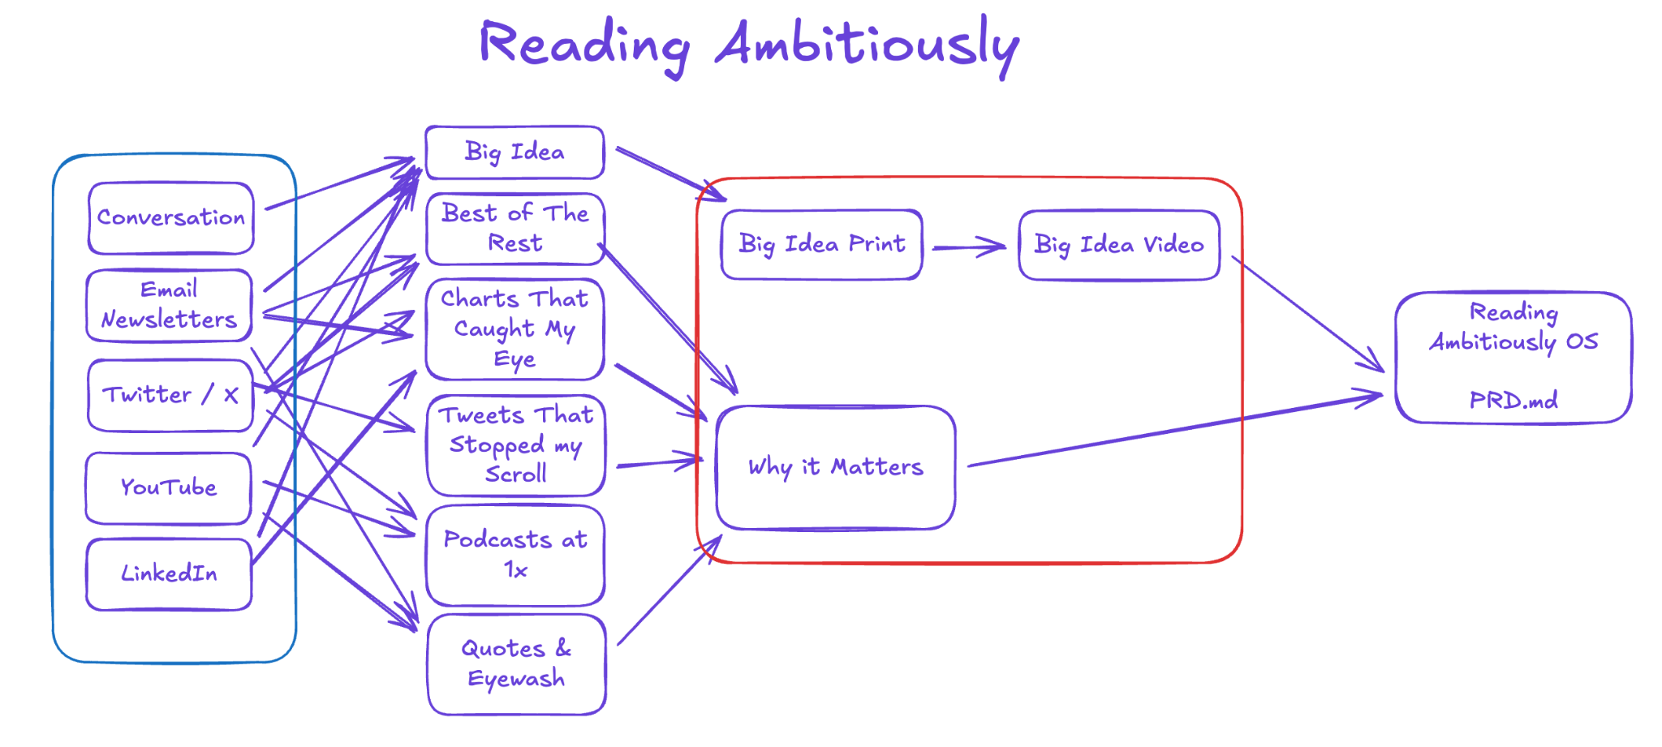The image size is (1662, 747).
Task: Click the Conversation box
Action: click(170, 218)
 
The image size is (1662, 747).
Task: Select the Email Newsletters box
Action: click(169, 305)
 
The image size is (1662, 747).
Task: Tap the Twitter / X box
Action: click(170, 395)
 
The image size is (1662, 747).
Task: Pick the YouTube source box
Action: click(168, 487)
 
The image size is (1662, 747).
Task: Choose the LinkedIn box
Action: click(169, 573)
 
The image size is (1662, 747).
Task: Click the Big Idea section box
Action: click(515, 152)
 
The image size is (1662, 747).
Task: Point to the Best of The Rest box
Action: click(515, 229)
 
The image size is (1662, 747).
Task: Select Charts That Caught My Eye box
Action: click(515, 329)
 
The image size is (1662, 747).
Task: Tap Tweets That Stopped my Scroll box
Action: click(515, 445)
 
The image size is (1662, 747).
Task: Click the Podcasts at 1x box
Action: click(515, 555)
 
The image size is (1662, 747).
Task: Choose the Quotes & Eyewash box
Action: click(516, 664)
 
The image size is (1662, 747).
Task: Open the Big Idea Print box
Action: click(821, 244)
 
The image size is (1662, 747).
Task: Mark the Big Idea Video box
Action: click(1118, 245)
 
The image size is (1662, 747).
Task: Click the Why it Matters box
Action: click(835, 467)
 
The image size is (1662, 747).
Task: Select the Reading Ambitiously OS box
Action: click(1513, 357)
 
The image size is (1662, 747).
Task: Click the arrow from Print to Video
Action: click(969, 247)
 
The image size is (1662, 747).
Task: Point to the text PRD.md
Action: click(1513, 400)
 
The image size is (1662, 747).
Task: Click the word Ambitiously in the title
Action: click(867, 45)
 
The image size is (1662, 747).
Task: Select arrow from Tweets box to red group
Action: click(659, 463)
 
